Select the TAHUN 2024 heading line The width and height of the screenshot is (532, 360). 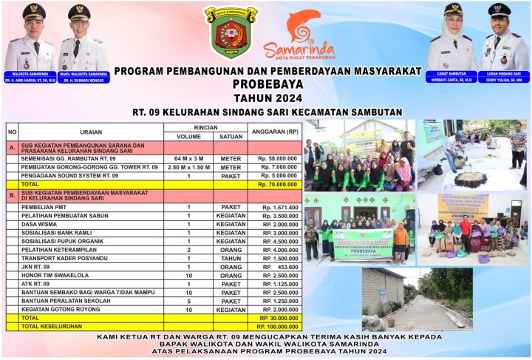[x=267, y=97]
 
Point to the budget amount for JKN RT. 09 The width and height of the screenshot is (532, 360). [x=279, y=266]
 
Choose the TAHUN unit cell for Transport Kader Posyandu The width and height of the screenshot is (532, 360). [x=231, y=258]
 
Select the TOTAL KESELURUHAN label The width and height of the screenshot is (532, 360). [x=50, y=325]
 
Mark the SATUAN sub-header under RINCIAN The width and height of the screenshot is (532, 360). [x=231, y=136]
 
